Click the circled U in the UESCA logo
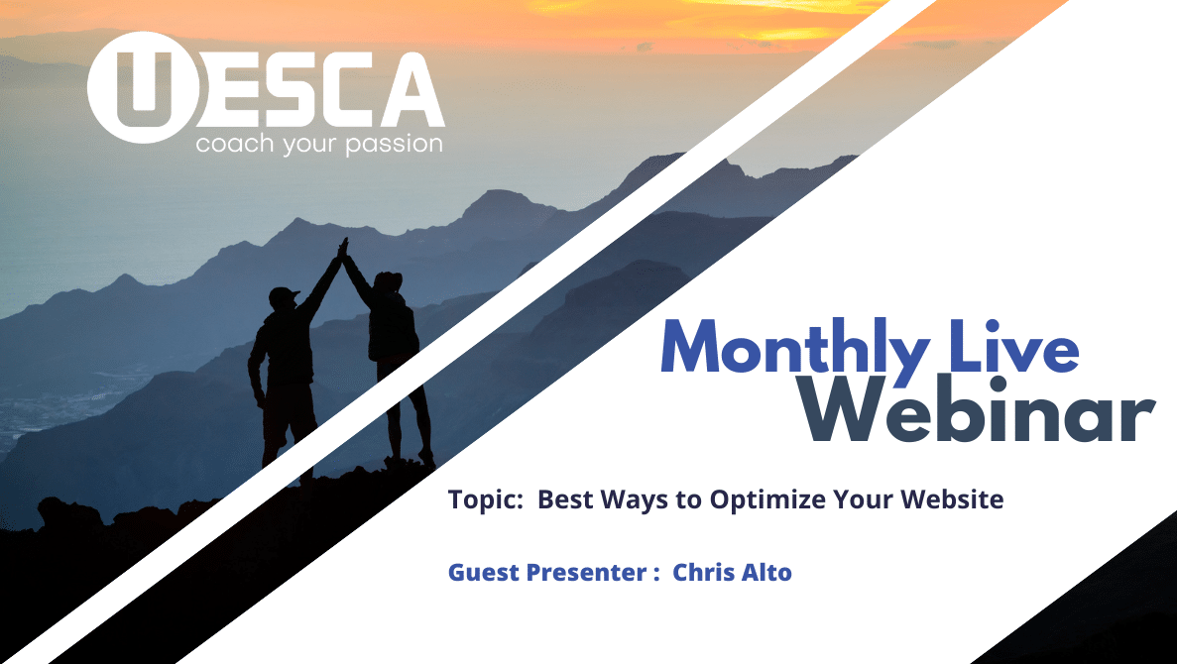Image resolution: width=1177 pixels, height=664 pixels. (x=144, y=88)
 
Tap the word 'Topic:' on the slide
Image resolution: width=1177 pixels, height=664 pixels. (x=486, y=498)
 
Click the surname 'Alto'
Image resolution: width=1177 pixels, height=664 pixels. (x=767, y=572)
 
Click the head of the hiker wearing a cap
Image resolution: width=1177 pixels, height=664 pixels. (x=283, y=298)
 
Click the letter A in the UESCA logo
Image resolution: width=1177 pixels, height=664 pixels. (x=412, y=90)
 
